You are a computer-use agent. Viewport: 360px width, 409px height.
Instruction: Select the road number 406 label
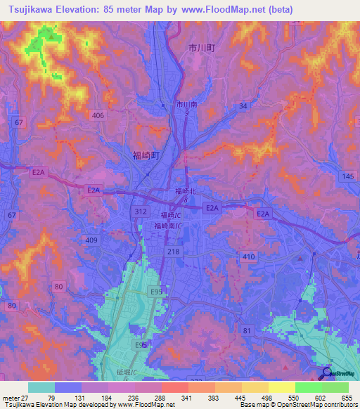[x=98, y=115]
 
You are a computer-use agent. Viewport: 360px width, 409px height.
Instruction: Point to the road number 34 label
[x=243, y=106]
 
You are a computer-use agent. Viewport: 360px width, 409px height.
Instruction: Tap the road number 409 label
[x=91, y=240]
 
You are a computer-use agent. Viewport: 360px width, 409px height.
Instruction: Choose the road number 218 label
[x=174, y=251]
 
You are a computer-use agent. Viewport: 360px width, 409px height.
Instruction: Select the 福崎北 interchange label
[x=186, y=191]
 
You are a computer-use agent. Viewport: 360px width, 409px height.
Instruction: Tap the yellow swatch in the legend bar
[x=282, y=387]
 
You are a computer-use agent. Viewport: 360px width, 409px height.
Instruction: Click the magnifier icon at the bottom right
[x=327, y=372]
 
